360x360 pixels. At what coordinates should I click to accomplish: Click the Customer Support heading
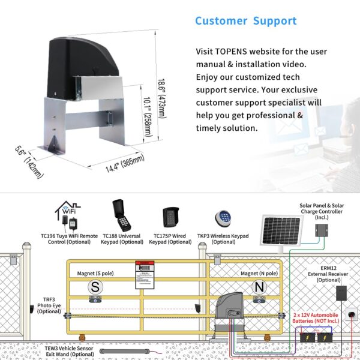(x=245, y=21)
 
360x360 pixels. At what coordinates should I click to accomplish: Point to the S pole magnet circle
(x=94, y=287)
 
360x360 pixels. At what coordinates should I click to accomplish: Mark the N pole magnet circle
(x=258, y=287)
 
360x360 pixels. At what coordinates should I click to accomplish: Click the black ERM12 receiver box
(x=341, y=293)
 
